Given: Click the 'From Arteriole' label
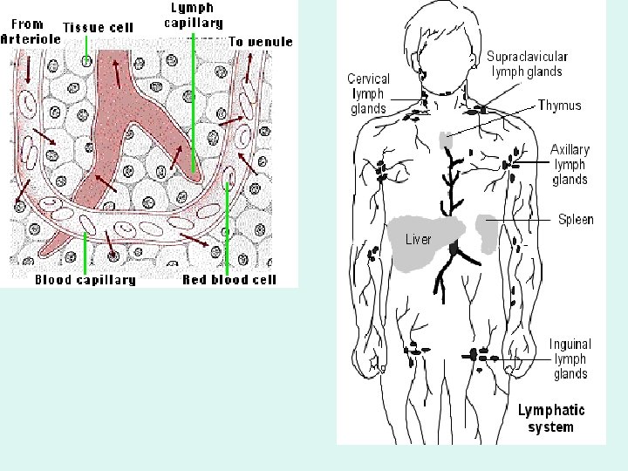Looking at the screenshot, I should [31, 32].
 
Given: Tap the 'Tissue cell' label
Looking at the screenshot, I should [98, 27].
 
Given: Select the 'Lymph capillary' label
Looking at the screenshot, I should [194, 15].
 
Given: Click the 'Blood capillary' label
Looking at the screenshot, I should [85, 280].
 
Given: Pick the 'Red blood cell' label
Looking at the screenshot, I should [229, 280].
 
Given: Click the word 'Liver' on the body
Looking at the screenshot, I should [419, 239].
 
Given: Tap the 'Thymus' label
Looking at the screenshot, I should [559, 106].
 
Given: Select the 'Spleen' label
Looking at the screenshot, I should [575, 219].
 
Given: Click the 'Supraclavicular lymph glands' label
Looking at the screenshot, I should [524, 64].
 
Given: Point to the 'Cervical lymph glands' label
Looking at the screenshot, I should [367, 93].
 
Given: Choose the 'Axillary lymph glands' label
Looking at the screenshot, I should [570, 165].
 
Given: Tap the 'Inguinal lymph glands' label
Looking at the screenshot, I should [570, 359].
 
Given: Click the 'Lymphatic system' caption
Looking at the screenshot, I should [551, 418].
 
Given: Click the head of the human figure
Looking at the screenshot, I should [448, 39].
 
